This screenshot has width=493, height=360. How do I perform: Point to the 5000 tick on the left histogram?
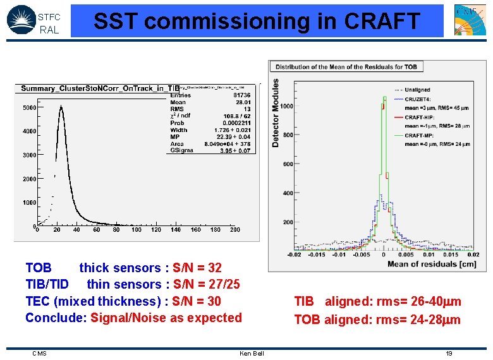(x=29, y=108)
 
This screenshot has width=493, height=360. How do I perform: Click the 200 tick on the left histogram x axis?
(x=235, y=230)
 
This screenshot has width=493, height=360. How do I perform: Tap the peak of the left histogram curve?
(x=61, y=107)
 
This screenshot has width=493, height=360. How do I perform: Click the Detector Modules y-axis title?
(x=276, y=114)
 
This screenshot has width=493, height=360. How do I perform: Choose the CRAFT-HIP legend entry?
(x=423, y=117)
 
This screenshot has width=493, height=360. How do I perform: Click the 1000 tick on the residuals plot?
(x=287, y=106)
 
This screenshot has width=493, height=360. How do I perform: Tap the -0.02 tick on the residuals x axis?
(x=294, y=255)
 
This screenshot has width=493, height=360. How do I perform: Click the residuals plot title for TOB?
(x=346, y=66)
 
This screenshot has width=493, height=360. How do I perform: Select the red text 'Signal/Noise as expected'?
(x=166, y=318)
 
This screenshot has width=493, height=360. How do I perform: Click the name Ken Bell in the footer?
(x=252, y=353)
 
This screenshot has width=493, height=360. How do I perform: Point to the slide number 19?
(x=449, y=353)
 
